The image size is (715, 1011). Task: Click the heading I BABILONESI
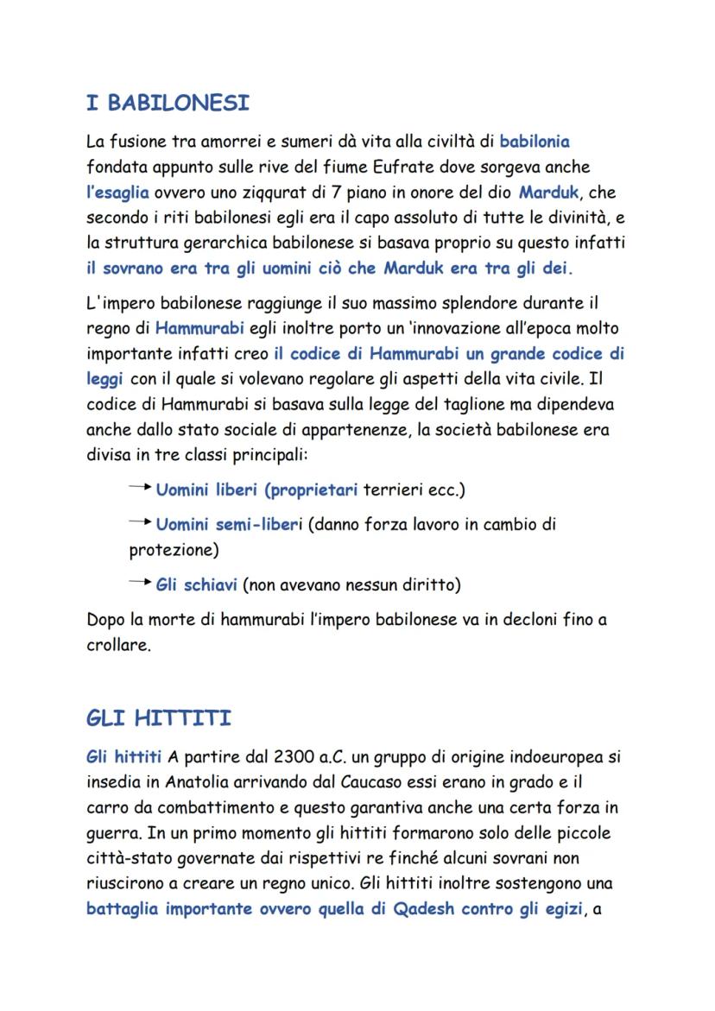pos(168,104)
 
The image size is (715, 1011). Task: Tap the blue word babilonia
pos(535,140)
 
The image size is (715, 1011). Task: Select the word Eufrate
pos(467,165)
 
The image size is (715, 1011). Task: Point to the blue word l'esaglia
pos(118,191)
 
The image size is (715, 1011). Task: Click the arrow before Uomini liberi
pos(140,490)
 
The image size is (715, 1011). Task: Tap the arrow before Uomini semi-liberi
pos(140,523)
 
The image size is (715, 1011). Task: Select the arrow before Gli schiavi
pos(140,584)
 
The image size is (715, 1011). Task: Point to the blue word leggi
pos(105,379)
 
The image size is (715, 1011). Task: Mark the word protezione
pos(170,549)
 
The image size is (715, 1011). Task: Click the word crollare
pos(118,645)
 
